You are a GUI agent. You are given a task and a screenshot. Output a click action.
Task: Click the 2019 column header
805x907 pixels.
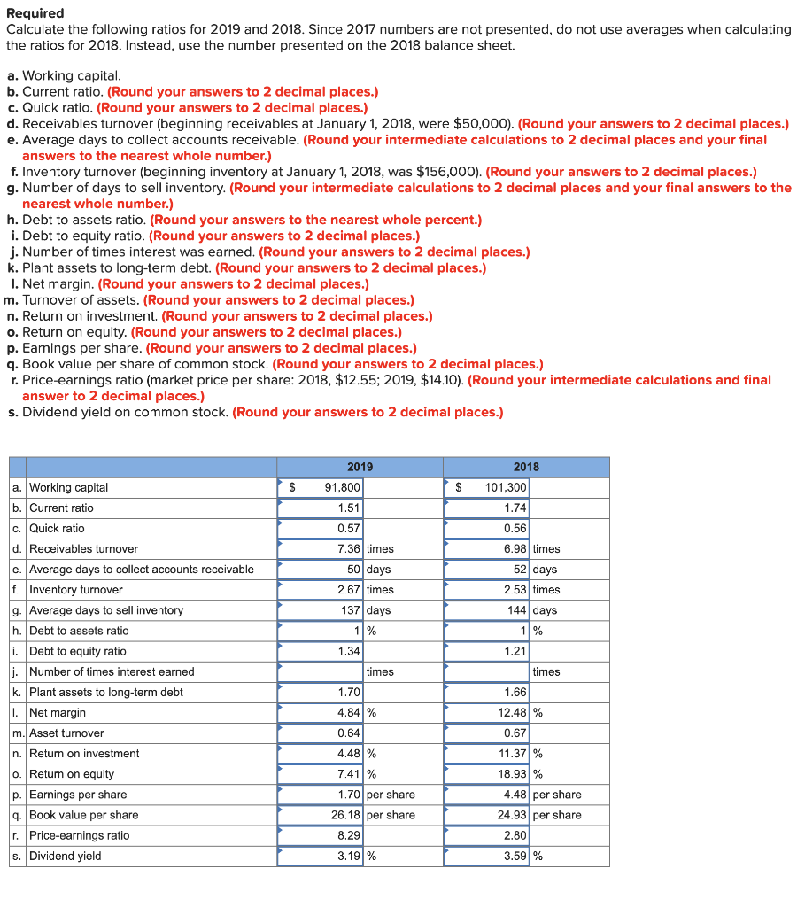(360, 467)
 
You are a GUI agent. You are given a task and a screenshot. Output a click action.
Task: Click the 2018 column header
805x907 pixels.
(526, 467)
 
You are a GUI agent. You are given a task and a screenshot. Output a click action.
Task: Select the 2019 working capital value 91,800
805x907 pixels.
(341, 487)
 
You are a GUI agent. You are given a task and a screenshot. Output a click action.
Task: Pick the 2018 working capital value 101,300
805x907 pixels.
(507, 487)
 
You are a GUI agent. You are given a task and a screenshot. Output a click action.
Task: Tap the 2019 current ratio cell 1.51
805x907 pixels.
(346, 508)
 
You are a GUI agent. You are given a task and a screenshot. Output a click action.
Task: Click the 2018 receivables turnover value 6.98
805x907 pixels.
(514, 549)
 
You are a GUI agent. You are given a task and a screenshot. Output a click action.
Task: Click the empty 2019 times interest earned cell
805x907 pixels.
(321, 671)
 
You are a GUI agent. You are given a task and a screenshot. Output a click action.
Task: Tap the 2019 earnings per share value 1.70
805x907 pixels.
(346, 795)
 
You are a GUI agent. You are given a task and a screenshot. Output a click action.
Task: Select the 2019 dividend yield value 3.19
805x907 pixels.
(346, 856)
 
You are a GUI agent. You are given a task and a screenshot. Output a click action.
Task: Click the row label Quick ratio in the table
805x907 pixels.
(57, 529)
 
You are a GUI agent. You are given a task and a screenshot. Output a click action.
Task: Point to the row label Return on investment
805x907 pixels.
(84, 754)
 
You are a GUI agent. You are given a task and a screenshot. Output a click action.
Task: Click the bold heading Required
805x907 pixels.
(35, 13)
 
